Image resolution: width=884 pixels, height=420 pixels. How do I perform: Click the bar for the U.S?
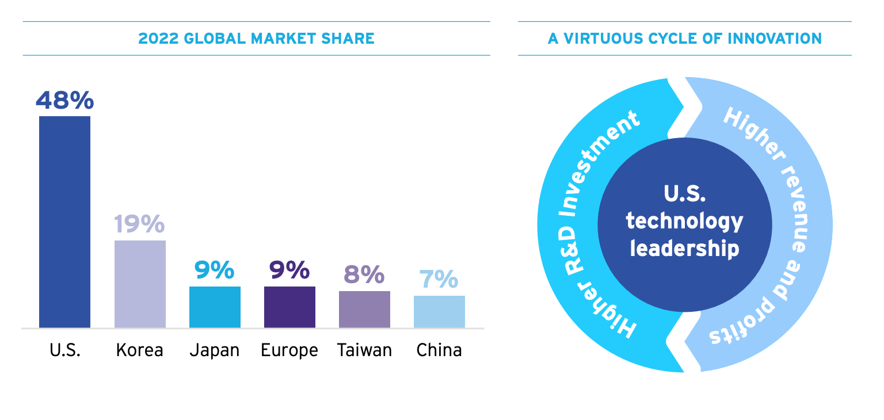pyautogui.click(x=64, y=222)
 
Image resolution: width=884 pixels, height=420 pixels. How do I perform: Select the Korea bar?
pyautogui.click(x=140, y=284)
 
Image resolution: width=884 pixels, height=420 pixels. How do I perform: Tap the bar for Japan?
pyautogui.click(x=215, y=307)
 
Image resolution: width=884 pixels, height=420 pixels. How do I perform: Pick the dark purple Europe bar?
pyautogui.click(x=289, y=307)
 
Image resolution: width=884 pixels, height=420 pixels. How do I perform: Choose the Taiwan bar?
pyautogui.click(x=364, y=310)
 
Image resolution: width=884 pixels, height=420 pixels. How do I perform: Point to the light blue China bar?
pyautogui.click(x=439, y=312)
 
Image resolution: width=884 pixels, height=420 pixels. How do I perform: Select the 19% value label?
pyautogui.click(x=140, y=224)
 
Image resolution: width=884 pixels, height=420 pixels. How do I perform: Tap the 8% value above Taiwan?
pyautogui.click(x=364, y=275)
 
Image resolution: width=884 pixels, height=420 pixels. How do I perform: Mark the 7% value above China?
pyautogui.click(x=439, y=280)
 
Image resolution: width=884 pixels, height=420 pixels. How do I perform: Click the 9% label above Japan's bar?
pyautogui.click(x=215, y=270)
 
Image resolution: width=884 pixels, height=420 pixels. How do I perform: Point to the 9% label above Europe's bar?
pyautogui.click(x=289, y=270)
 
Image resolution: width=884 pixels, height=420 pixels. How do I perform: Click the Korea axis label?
pyautogui.click(x=140, y=350)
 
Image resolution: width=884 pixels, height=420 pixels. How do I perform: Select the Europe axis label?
pyautogui.click(x=289, y=350)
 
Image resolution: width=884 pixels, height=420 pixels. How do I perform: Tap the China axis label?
pyautogui.click(x=439, y=350)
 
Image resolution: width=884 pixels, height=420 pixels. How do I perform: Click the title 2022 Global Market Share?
pyautogui.click(x=257, y=39)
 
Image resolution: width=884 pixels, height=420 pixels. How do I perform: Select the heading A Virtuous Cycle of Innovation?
pyautogui.click(x=685, y=39)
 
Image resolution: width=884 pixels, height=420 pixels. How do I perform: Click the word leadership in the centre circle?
pyautogui.click(x=685, y=249)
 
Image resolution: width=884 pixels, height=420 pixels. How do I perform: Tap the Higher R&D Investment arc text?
pyautogui.click(x=581, y=224)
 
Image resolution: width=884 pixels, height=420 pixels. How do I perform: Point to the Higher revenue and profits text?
pyautogui.click(x=788, y=224)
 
